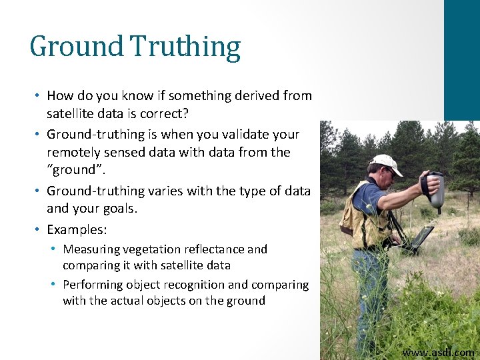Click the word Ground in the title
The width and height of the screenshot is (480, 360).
pyautogui.click(x=77, y=47)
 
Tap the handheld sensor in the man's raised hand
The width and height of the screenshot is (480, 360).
pyautogui.click(x=435, y=191)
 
